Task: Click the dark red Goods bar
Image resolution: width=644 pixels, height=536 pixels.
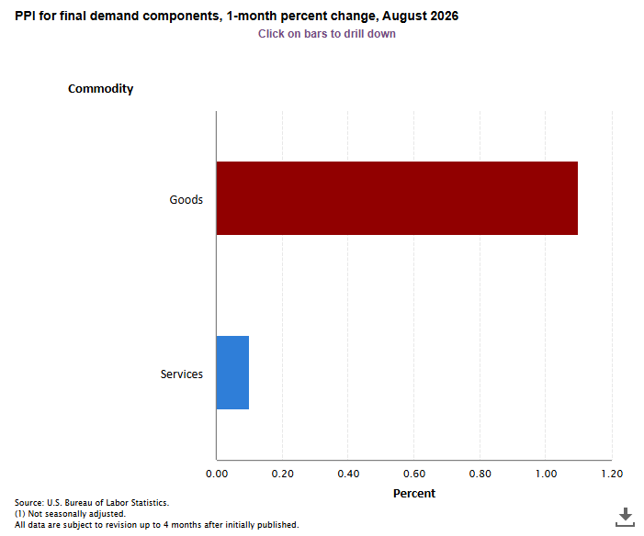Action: tap(397, 198)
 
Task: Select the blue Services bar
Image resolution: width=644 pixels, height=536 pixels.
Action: tap(232, 373)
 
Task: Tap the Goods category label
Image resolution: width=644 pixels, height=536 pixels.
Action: tap(186, 199)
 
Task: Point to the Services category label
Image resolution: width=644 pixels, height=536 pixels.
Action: tap(182, 374)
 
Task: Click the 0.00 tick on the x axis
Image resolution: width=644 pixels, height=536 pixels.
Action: tap(217, 474)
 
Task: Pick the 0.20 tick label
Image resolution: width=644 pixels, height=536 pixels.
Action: tap(283, 474)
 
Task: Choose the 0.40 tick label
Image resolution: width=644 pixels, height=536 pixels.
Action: tap(348, 474)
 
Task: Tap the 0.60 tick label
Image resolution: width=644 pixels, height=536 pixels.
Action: tap(414, 474)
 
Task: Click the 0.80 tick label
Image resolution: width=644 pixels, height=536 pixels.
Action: tap(480, 474)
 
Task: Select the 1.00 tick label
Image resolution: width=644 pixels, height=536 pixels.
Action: tap(546, 474)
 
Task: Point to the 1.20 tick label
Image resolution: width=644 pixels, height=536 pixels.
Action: tap(612, 474)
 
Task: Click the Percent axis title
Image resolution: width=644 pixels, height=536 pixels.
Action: tap(414, 493)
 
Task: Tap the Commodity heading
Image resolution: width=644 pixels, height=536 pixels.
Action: tap(101, 89)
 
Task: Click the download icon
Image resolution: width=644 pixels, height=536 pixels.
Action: tap(625, 517)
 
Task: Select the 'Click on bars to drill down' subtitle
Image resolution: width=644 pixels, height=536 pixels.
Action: tap(326, 34)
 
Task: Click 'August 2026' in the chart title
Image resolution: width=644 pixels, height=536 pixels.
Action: tap(420, 16)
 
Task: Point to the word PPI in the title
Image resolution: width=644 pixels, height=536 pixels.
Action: tap(25, 16)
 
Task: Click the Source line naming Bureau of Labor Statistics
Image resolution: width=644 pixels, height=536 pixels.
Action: tap(92, 503)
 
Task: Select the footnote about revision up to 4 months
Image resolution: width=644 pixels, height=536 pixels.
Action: tap(157, 525)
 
